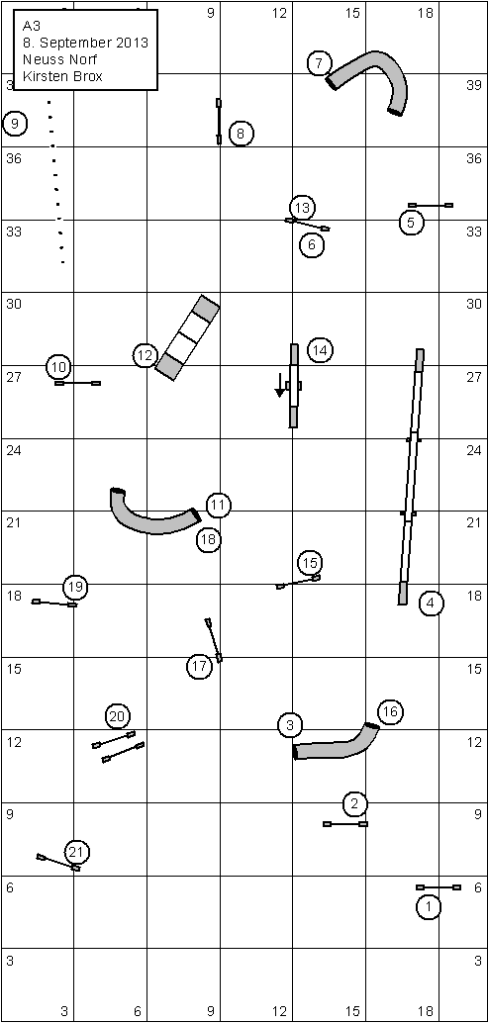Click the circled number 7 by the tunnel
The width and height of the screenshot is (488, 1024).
pyautogui.click(x=319, y=64)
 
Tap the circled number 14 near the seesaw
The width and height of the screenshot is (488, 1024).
pyautogui.click(x=320, y=350)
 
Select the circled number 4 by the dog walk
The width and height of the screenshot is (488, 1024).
pyautogui.click(x=430, y=604)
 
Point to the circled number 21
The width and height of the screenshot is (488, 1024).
pyautogui.click(x=76, y=852)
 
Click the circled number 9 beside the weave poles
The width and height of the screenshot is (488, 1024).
pyautogui.click(x=15, y=123)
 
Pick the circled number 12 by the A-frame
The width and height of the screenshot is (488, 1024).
pyautogui.click(x=146, y=356)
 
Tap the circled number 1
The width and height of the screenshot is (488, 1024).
pyautogui.click(x=429, y=906)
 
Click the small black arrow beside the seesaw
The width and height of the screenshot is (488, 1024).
pyautogui.click(x=279, y=385)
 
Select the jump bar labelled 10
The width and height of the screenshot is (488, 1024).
pyautogui.click(x=78, y=383)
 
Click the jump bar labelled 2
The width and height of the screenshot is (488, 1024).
pyautogui.click(x=345, y=824)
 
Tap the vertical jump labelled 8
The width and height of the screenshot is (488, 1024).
pyautogui.click(x=219, y=122)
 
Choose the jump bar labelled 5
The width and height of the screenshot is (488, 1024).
pyautogui.click(x=431, y=205)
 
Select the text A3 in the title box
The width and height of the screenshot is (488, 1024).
pyautogui.click(x=31, y=27)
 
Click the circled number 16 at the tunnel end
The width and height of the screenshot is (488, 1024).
pyautogui.click(x=390, y=711)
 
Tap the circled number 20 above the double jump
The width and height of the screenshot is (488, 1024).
pyautogui.click(x=117, y=716)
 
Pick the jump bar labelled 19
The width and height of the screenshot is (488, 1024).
pyautogui.click(x=54, y=603)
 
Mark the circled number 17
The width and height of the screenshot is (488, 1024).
pyautogui.click(x=199, y=666)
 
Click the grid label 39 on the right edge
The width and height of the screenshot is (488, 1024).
pyautogui.click(x=474, y=85)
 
